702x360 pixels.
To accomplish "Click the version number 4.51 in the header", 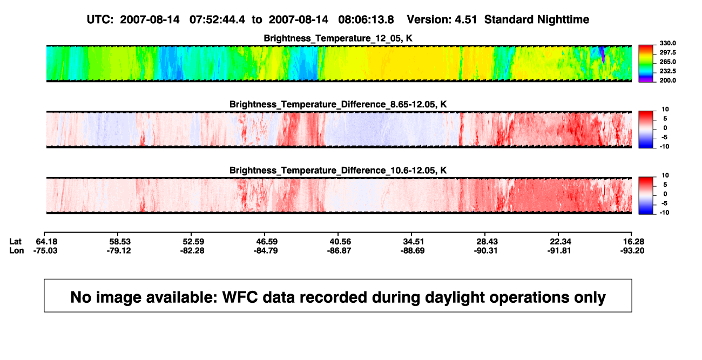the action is click(x=465, y=20).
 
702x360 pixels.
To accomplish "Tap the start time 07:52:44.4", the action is click(x=217, y=20).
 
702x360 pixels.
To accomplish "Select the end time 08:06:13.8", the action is click(x=366, y=20).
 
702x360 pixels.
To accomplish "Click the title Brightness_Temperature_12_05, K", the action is click(x=338, y=38).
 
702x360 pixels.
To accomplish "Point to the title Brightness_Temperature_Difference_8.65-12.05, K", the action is click(x=338, y=104).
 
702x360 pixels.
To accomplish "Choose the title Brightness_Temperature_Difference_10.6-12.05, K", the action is click(x=338, y=171).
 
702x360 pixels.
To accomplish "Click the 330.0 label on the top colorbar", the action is click(x=667, y=43).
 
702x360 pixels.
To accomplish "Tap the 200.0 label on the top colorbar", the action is click(x=667, y=80).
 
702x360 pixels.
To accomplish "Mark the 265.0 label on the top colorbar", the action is click(x=667, y=62).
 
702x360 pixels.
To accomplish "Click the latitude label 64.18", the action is click(x=46, y=242).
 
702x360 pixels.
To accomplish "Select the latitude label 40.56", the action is click(x=340, y=242).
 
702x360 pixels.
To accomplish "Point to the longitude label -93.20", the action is click(x=632, y=250).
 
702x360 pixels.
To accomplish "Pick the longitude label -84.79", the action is click(x=266, y=250).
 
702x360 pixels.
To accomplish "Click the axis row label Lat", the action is click(x=15, y=242).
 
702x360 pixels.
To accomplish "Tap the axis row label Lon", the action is click(x=17, y=250).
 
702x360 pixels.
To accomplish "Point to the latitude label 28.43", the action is click(x=487, y=242).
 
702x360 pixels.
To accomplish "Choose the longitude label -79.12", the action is click(x=119, y=250).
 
